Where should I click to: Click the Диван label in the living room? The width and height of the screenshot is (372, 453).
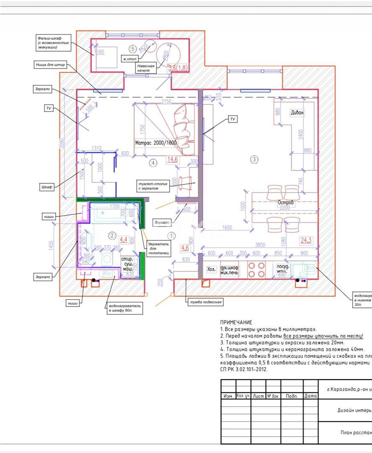click(297, 113)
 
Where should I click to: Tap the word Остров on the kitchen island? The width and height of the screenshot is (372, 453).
click(286, 203)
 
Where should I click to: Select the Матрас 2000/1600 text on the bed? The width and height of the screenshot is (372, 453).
click(156, 143)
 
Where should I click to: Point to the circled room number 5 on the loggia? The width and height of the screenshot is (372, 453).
click(133, 49)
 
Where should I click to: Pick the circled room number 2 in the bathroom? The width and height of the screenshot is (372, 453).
click(111, 236)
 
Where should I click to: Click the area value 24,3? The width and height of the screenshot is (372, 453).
click(306, 240)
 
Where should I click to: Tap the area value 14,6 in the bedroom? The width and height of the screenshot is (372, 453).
click(173, 159)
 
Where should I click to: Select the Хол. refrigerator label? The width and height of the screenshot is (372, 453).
click(211, 270)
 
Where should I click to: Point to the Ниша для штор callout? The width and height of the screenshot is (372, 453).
click(49, 65)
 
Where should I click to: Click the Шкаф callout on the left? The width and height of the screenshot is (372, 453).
click(47, 187)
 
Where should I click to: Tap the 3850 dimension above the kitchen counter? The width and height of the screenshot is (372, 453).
click(258, 245)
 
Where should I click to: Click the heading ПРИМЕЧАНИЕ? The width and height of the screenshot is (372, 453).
click(236, 323)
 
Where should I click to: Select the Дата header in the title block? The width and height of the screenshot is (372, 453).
click(310, 396)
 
